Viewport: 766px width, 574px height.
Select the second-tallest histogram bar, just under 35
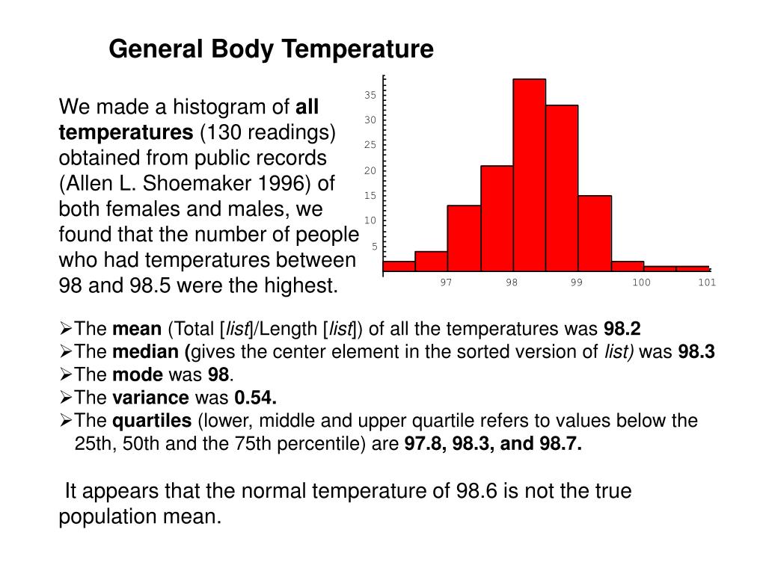point(562,187)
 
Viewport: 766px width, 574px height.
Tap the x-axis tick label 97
point(446,282)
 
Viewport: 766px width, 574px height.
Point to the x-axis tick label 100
point(641,282)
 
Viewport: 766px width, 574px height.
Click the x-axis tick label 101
point(707,282)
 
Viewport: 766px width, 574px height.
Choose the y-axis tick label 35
point(370,95)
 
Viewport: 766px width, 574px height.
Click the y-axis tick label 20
point(370,170)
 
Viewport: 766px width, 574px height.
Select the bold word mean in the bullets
point(136,330)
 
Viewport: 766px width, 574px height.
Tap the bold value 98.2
point(622,330)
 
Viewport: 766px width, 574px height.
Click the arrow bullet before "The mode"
point(65,375)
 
